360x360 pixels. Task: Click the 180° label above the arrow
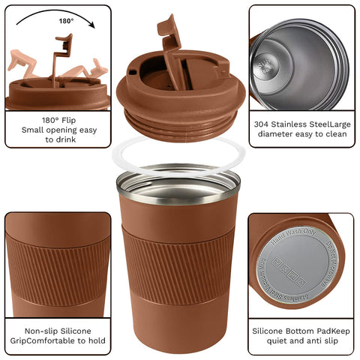click(x=66, y=21)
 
